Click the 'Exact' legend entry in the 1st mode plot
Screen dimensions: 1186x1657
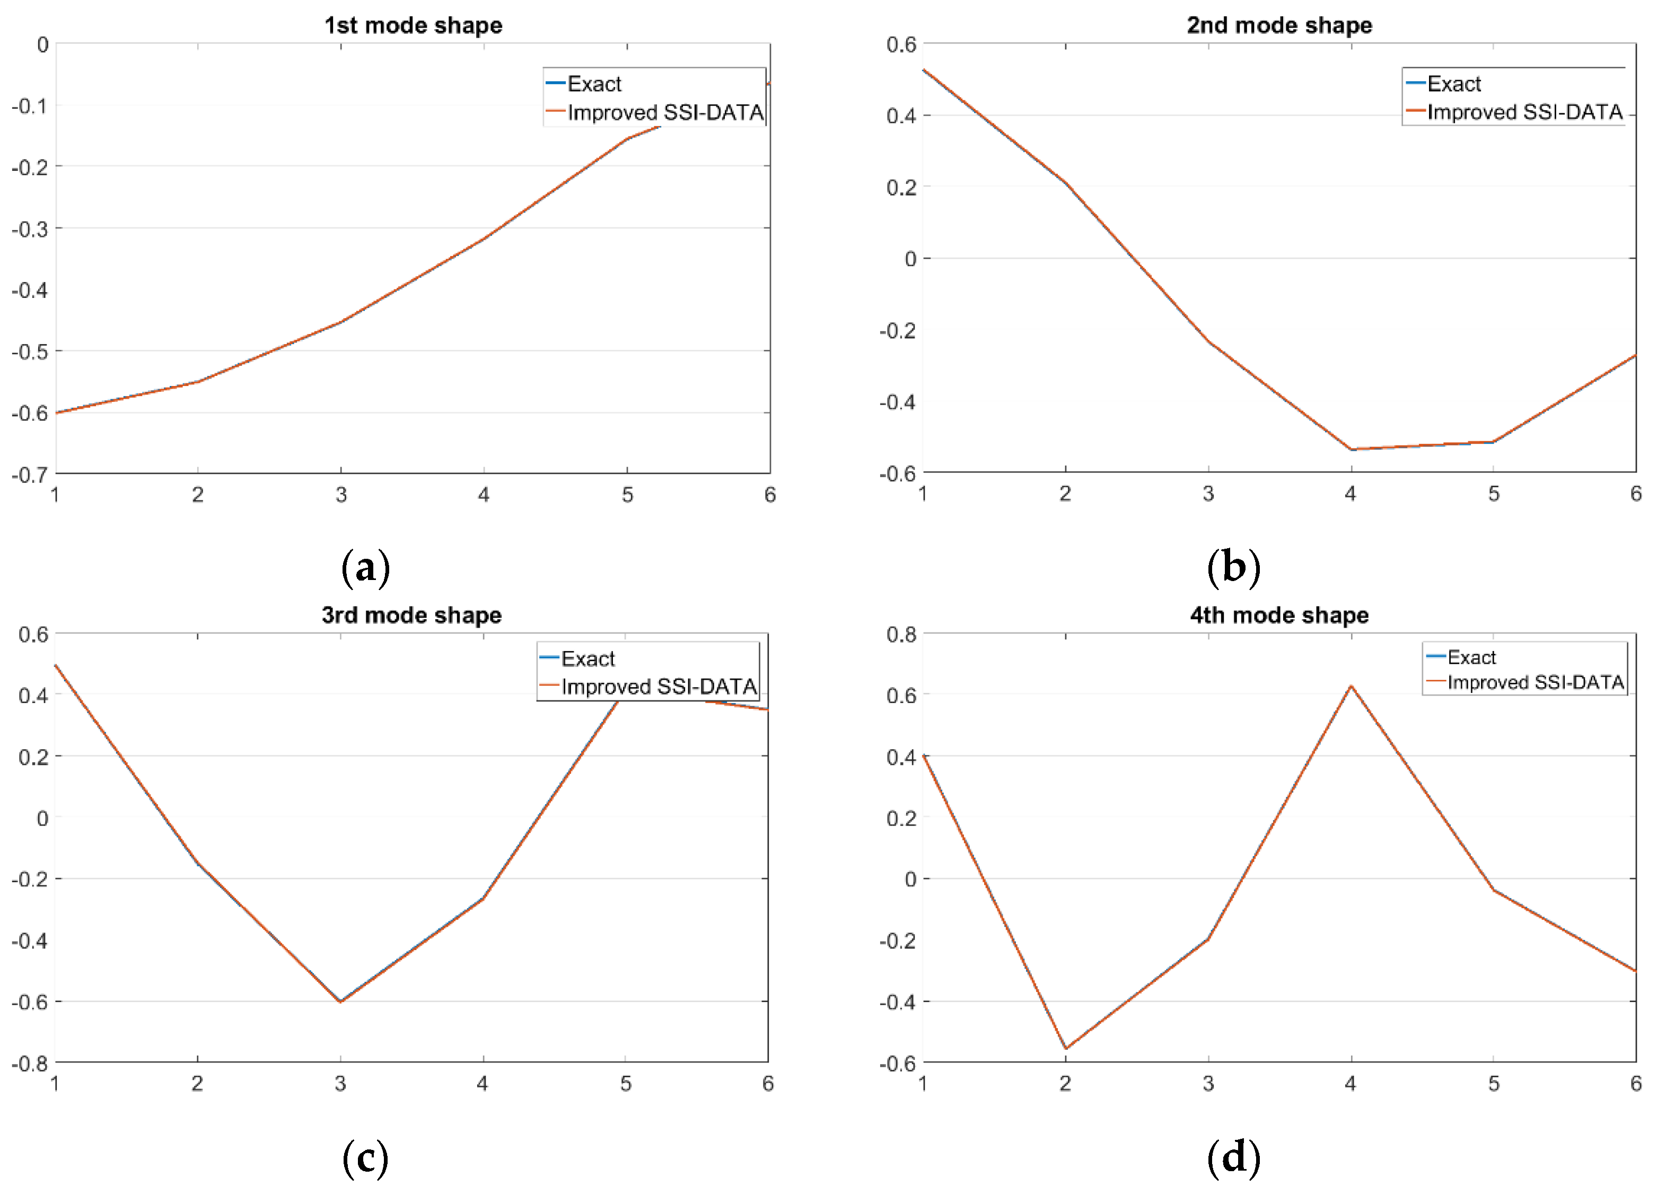[594, 84]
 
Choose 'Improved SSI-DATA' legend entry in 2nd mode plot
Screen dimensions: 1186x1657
[1524, 112]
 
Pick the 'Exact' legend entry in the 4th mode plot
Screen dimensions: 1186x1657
[1471, 657]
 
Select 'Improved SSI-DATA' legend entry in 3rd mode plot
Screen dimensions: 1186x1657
[658, 687]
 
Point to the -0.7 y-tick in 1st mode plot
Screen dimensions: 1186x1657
[29, 475]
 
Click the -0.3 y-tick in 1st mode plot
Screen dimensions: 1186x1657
[29, 229]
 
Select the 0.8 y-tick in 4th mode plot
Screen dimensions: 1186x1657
[900, 634]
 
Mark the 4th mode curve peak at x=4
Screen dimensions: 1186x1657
[1351, 686]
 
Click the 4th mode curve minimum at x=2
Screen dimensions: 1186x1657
[1065, 1049]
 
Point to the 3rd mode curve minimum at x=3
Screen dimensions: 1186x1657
[340, 1001]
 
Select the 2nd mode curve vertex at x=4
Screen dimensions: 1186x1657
[1351, 449]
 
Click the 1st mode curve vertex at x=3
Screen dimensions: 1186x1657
[340, 322]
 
